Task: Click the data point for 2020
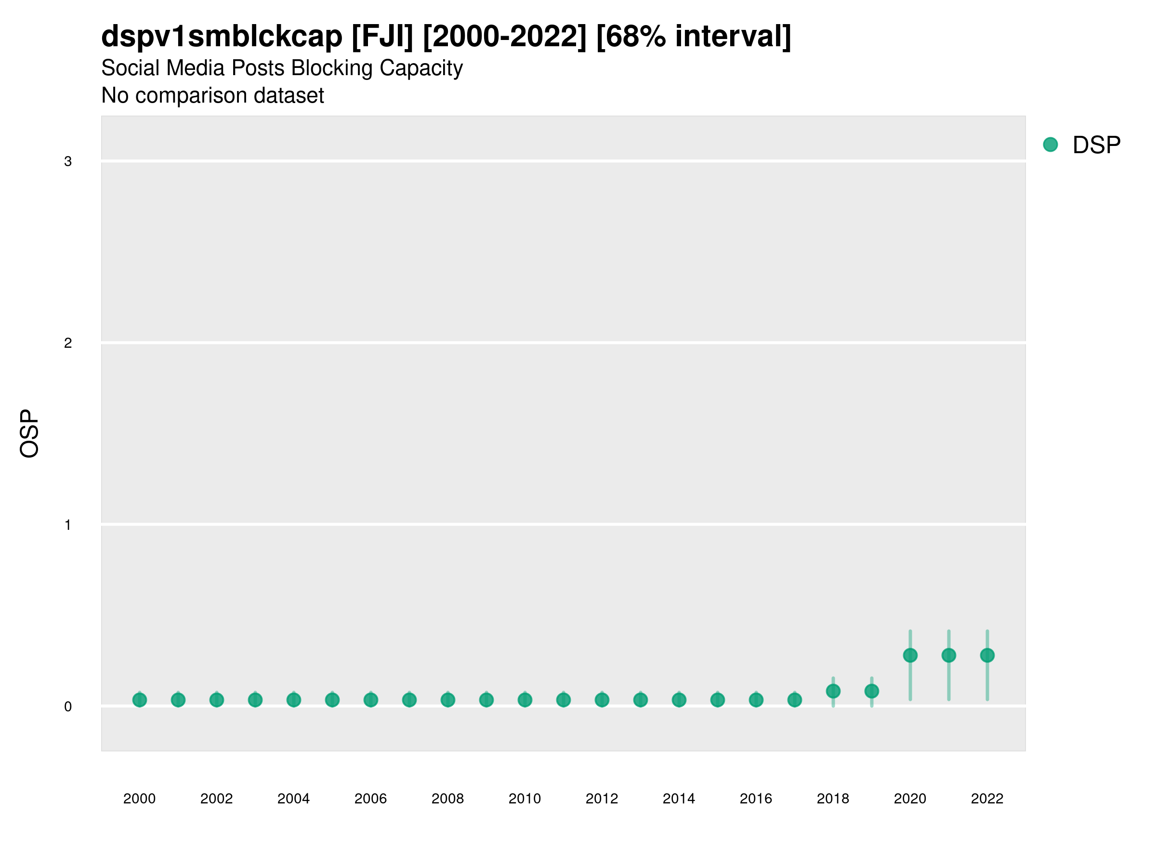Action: [910, 656]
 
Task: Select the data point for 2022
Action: [987, 656]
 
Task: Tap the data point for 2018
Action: [833, 691]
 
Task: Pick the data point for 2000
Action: [140, 700]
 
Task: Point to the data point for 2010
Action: [525, 700]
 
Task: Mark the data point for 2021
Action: [948, 656]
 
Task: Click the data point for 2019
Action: [872, 691]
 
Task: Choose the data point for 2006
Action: [370, 700]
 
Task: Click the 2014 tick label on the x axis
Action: [679, 799]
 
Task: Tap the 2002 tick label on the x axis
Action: [216, 799]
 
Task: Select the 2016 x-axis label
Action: [756, 799]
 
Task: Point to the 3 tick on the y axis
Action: [68, 161]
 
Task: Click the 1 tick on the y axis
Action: [68, 525]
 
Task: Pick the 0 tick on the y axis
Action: [68, 707]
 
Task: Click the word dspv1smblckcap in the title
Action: [222, 36]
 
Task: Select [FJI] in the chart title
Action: [382, 36]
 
